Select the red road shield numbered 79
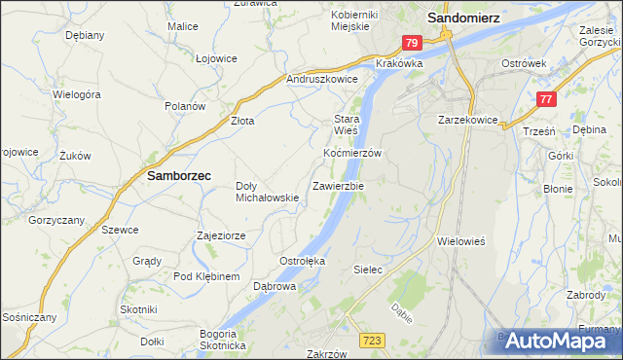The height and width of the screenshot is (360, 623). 412,43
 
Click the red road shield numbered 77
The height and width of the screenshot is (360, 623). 546,99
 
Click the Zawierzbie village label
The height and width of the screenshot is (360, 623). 338,185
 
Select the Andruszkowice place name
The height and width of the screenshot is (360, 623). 322,79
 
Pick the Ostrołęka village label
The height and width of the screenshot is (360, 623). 302,261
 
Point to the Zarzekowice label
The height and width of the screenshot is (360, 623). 468,121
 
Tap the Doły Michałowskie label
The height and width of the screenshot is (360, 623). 267,192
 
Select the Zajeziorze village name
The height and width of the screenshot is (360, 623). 226,235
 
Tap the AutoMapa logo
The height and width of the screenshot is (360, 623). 559,341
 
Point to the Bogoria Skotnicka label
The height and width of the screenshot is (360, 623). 223,341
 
